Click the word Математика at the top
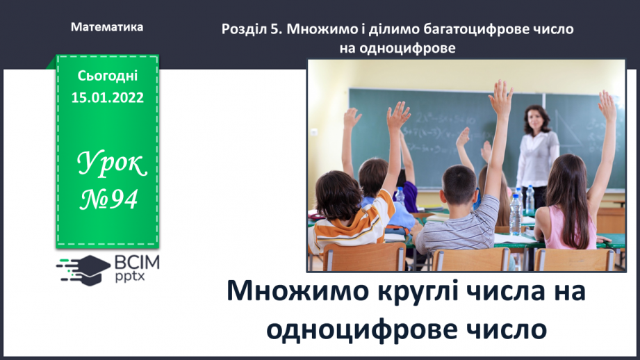click(x=107, y=27)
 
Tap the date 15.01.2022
click(x=107, y=97)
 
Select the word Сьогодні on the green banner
click(x=107, y=76)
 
